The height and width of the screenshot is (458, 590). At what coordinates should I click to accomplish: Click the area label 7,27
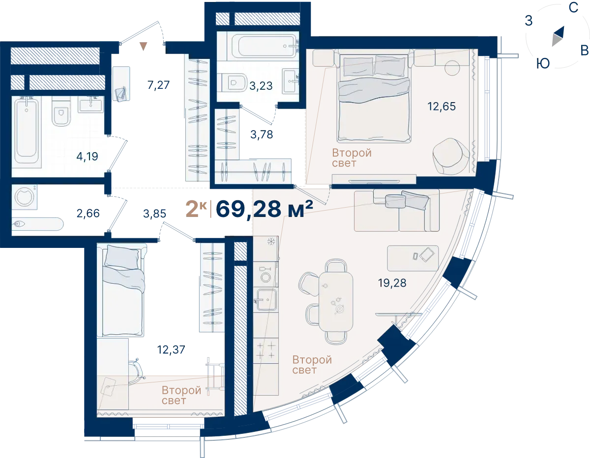159,85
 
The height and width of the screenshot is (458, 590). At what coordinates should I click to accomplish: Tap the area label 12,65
442,107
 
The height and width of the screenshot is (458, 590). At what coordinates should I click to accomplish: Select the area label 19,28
392,283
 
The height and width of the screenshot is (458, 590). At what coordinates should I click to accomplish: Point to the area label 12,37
171,350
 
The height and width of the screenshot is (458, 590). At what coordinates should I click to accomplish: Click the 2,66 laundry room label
88,214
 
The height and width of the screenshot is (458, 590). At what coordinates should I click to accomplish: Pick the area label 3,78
262,135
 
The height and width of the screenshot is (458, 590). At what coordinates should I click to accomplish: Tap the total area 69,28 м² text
264,209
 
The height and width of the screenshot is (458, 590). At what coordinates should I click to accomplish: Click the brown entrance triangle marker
144,46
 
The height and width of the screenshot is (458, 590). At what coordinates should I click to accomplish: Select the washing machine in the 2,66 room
25,197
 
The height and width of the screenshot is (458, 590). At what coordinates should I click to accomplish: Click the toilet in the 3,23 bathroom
234,82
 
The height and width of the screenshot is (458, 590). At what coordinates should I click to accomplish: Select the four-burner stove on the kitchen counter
266,350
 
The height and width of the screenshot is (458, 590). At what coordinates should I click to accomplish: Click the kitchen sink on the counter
266,300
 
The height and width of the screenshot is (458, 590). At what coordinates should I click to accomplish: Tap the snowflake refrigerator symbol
271,241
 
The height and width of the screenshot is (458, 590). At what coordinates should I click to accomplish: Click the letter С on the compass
573,8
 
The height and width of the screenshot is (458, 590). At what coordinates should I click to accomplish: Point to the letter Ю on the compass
543,64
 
